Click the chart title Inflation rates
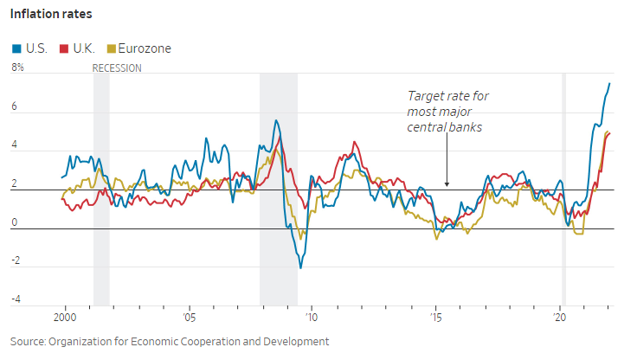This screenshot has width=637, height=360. click(x=51, y=15)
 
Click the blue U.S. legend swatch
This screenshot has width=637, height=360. click(x=16, y=48)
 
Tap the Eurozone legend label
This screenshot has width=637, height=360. click(x=145, y=48)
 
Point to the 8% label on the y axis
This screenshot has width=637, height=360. click(x=17, y=67)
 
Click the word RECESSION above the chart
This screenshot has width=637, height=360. click(x=117, y=67)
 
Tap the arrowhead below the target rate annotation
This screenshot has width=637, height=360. click(x=447, y=183)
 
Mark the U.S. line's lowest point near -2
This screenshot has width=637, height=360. click(x=300, y=267)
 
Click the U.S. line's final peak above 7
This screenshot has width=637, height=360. click(x=609, y=84)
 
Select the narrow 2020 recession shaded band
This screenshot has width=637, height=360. click(x=564, y=190)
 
